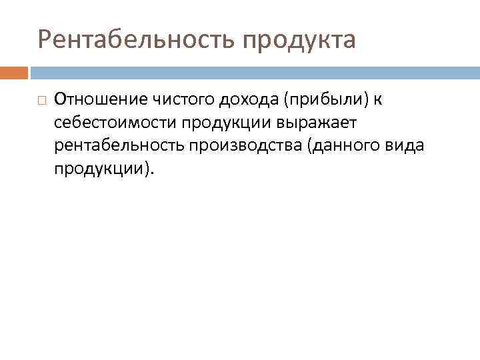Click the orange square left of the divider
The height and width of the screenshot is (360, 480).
[x=14, y=72]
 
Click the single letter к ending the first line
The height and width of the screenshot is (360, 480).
[x=377, y=100]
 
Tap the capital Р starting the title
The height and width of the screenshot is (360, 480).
[x=45, y=39]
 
